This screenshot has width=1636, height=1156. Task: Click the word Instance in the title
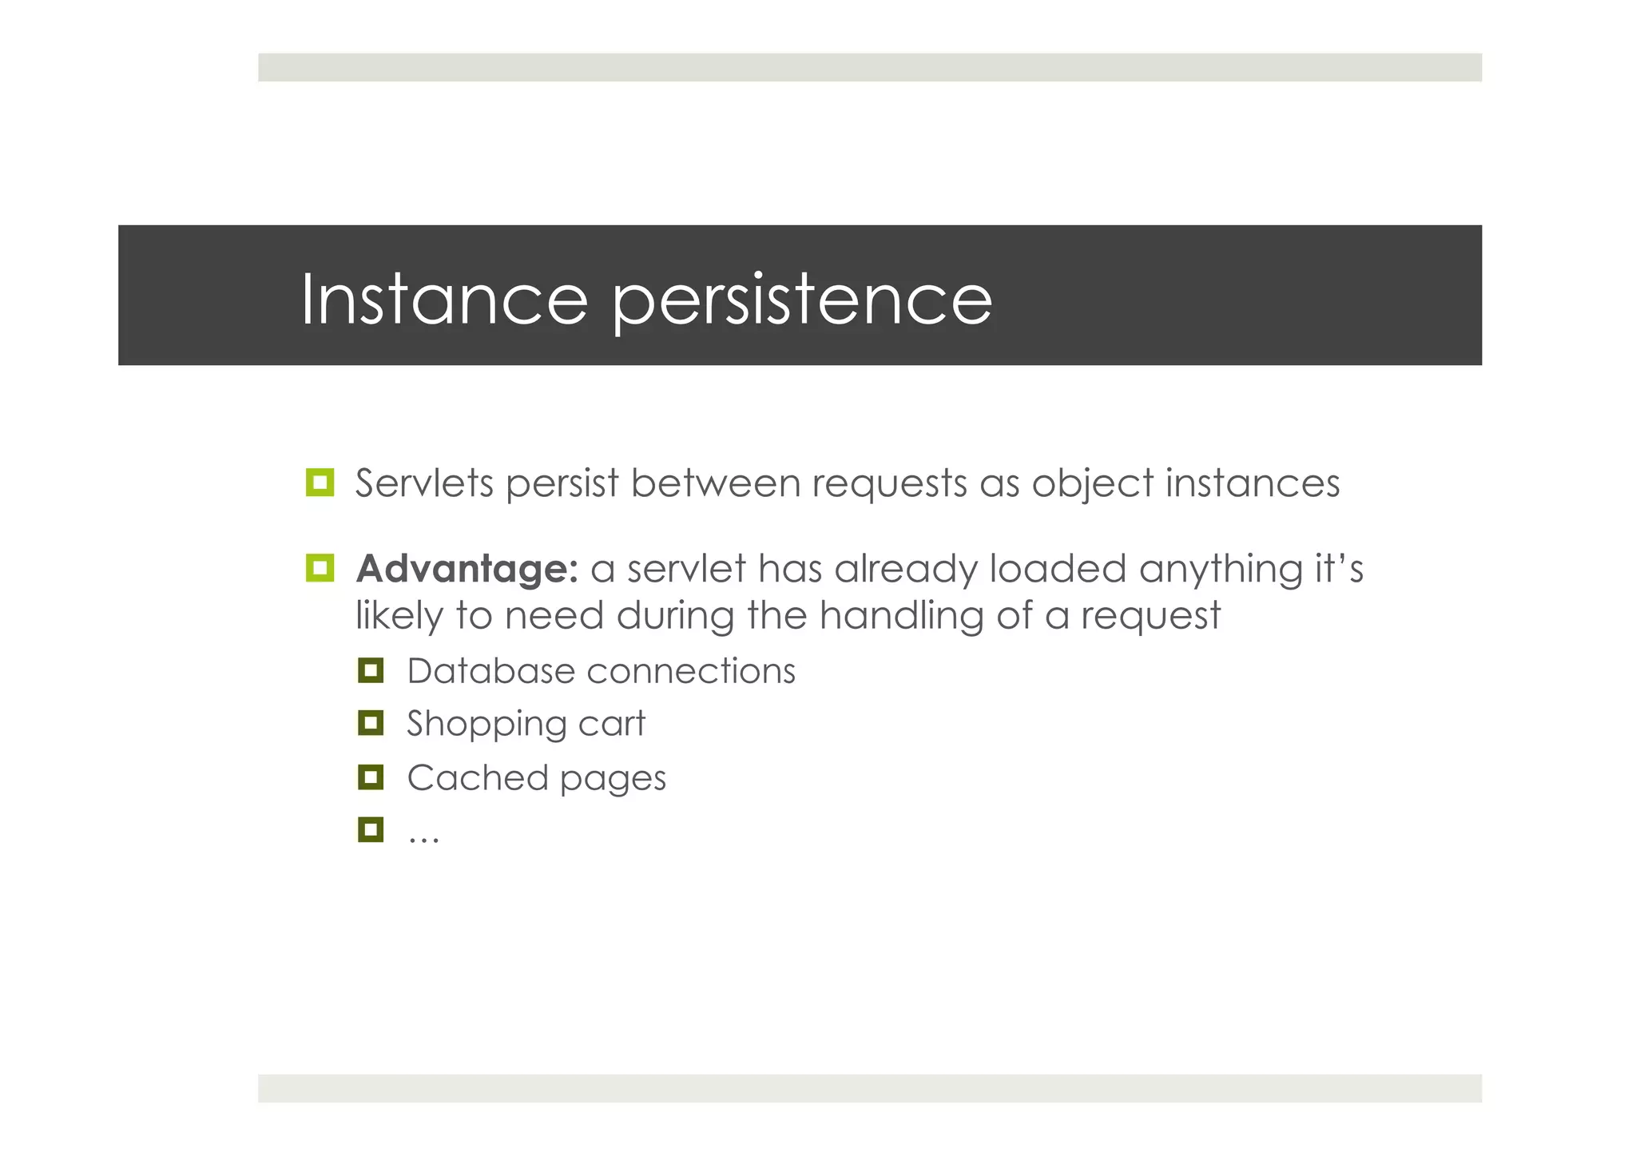click(444, 300)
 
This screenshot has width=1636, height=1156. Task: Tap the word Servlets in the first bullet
click(424, 483)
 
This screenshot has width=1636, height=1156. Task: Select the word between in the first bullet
click(715, 483)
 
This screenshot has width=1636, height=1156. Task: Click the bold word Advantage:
click(467, 570)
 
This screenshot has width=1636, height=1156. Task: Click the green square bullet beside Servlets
click(320, 483)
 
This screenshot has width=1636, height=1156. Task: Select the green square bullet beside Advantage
click(320, 568)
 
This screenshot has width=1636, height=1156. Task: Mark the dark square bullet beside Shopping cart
click(371, 723)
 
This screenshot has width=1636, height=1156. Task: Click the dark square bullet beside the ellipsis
click(371, 830)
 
